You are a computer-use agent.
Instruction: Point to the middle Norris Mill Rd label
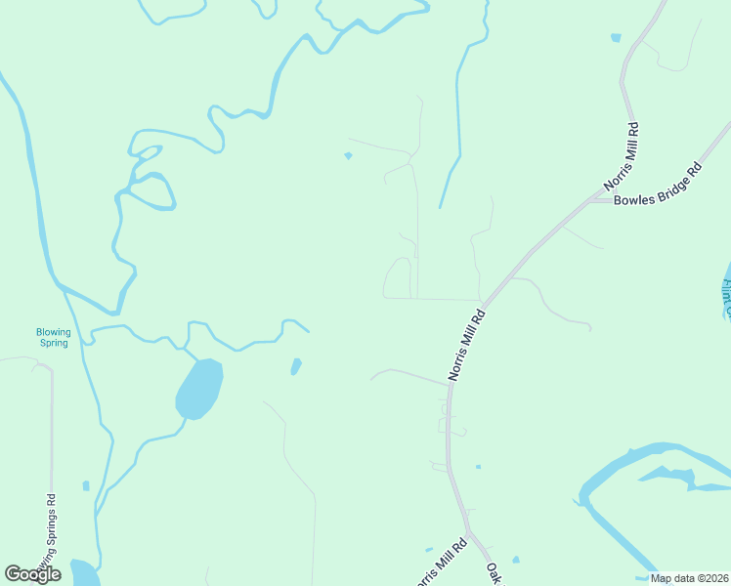pos(466,345)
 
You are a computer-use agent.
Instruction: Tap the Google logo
pos(32,574)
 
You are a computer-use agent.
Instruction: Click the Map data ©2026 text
pos(689,578)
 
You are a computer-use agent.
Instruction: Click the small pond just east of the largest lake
pos(295,366)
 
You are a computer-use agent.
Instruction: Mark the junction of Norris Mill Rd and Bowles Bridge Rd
pos(592,200)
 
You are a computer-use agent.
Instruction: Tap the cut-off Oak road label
pos(494,573)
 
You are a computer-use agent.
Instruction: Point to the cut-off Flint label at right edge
pos(726,299)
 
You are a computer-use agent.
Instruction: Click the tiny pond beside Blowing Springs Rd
pos(86,485)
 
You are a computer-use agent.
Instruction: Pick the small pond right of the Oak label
pos(516,560)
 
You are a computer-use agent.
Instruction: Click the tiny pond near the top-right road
pos(615,38)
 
